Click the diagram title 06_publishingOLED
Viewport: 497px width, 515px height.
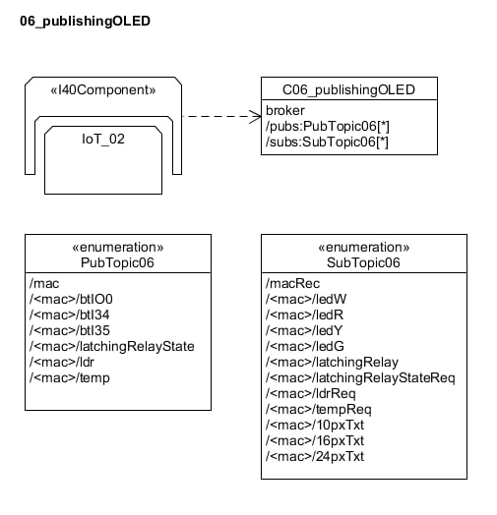click(x=85, y=22)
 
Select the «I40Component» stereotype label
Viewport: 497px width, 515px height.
click(x=103, y=90)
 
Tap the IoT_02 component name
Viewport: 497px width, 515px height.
click(x=103, y=140)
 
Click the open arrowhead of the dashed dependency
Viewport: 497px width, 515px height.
click(x=256, y=117)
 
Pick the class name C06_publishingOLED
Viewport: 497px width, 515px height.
click(x=348, y=90)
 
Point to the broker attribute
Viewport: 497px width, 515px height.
click(x=285, y=111)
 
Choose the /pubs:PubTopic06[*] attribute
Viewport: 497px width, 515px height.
click(x=328, y=127)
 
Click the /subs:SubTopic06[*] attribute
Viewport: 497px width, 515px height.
click(x=327, y=143)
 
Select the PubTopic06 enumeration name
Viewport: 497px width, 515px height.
click(x=117, y=262)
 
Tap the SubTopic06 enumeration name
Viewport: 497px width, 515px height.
click(x=363, y=262)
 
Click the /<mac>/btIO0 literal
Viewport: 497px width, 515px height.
click(x=71, y=299)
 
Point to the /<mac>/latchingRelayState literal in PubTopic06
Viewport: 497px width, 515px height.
click(x=112, y=347)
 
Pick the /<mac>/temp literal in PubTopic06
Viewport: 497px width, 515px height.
click(x=70, y=378)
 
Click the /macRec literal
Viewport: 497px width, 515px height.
click(x=292, y=283)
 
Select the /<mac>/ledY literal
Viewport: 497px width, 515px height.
click(x=304, y=331)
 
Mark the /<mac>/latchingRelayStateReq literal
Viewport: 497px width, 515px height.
click(x=360, y=378)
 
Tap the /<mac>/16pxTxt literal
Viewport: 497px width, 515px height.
click(x=315, y=441)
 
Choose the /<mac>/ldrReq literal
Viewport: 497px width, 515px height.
click(x=311, y=394)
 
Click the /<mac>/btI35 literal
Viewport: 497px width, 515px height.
click(x=70, y=331)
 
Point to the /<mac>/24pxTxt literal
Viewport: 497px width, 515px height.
click(x=315, y=457)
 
